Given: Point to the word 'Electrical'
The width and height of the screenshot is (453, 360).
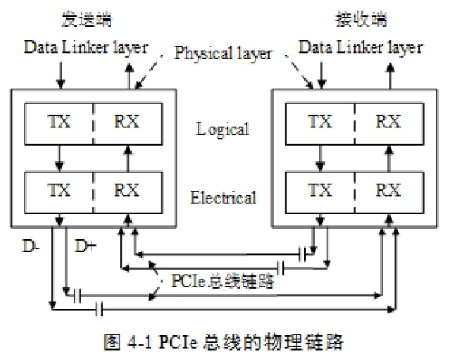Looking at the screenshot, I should click(223, 197).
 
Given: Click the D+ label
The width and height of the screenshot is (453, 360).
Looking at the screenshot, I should click(86, 248).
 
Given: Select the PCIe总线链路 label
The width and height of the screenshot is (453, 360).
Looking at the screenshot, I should click(224, 281).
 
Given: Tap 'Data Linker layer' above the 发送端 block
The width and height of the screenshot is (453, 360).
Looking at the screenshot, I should click(85, 47).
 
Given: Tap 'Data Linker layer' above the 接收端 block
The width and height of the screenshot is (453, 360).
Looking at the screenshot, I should click(360, 47).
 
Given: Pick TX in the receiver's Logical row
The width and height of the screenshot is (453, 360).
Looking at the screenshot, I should click(320, 123).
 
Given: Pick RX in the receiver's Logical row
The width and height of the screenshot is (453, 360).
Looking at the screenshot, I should click(387, 123).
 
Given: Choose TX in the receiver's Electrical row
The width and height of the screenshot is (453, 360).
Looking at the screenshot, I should click(320, 191).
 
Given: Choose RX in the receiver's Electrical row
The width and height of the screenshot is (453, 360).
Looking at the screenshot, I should click(387, 191).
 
